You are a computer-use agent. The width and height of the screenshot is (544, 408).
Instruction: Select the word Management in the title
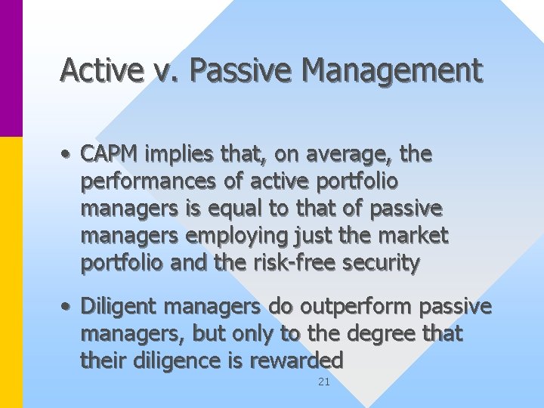pyautogui.click(x=391, y=70)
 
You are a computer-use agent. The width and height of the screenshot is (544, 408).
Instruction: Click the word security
pyautogui.click(x=382, y=264)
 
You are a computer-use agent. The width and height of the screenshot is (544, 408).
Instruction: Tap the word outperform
pyautogui.click(x=349, y=307)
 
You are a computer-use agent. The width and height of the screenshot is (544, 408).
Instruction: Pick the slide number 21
pyautogui.click(x=323, y=382)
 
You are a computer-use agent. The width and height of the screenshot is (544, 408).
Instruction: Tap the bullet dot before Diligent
pyautogui.click(x=67, y=308)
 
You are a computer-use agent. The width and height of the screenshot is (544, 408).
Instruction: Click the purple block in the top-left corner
pyautogui.click(x=11, y=68)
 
